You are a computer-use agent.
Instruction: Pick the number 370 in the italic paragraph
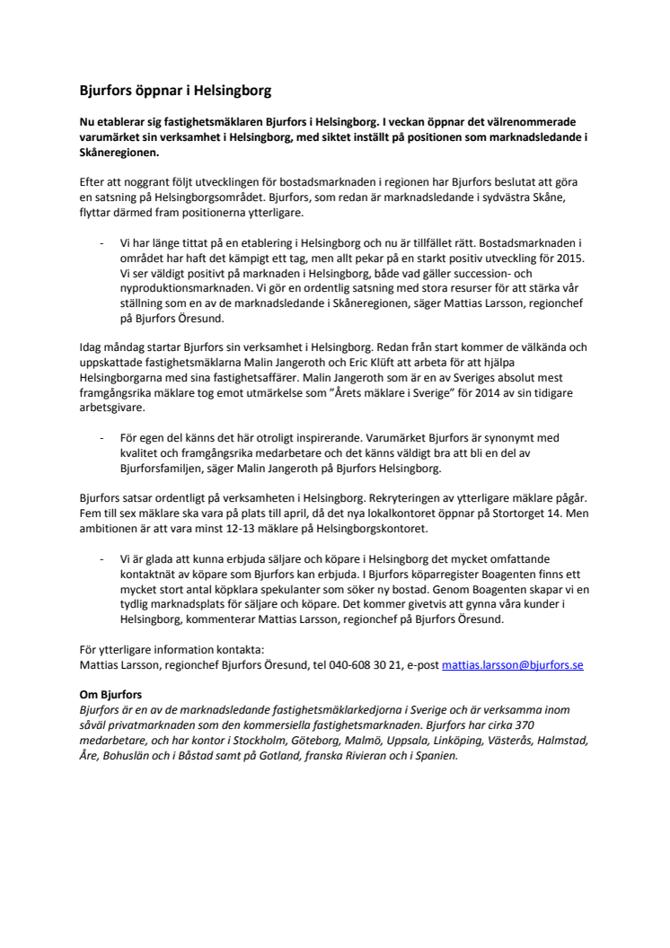(x=538, y=724)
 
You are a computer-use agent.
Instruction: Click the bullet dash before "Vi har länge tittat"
(x=100, y=243)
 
